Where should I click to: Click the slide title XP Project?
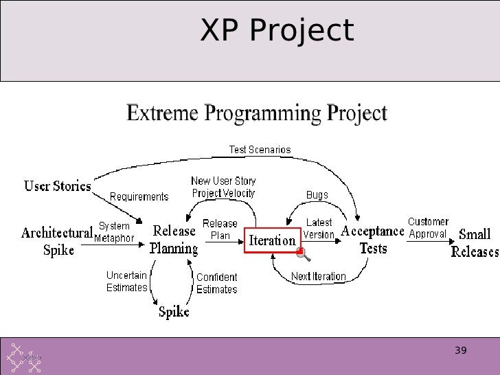coord(277,31)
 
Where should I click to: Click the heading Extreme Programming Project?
coord(257,113)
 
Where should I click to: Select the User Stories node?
coord(58,185)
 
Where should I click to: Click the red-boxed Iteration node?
coord(273,241)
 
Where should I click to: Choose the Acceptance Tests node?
coord(373,238)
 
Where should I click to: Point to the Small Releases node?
coord(475,242)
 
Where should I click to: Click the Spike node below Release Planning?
coord(174,312)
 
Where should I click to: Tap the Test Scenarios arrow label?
coord(260,150)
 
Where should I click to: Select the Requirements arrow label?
coord(139,197)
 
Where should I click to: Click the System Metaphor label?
coord(114,232)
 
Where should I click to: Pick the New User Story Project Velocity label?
coord(223,187)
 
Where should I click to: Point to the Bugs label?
coord(317,195)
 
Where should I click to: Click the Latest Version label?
coord(319,229)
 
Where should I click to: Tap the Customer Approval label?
coord(428,227)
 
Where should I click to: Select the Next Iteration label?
coord(318,277)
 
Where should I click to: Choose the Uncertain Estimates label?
coord(127,282)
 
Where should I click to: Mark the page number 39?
coord(461,351)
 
